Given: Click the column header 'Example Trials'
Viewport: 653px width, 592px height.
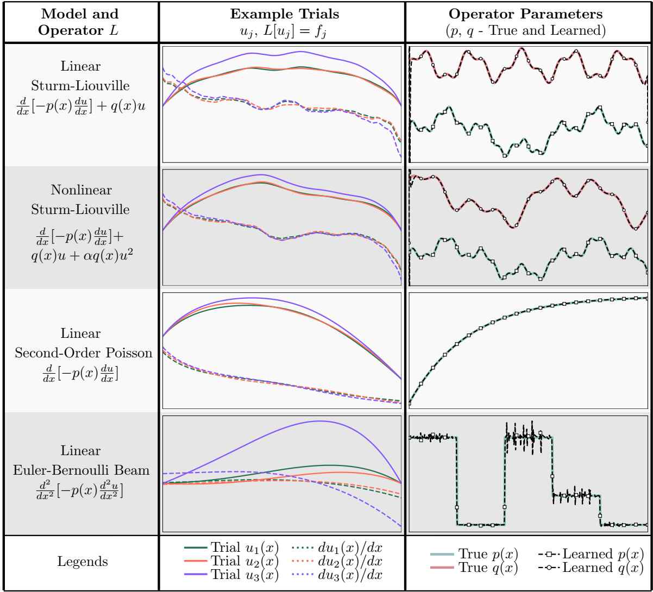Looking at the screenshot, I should [x=282, y=12].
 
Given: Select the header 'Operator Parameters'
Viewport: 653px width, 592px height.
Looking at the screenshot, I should [x=529, y=12].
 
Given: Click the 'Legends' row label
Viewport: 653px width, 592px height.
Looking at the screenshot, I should [x=79, y=563].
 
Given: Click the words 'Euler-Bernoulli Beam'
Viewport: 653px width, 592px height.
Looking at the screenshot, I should [x=79, y=468].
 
